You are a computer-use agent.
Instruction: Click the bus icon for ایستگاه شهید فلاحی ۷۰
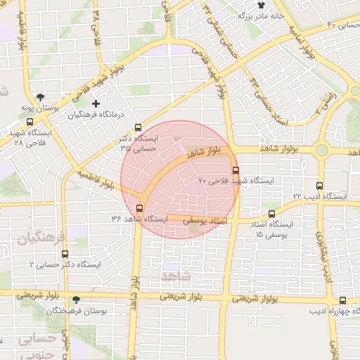235,170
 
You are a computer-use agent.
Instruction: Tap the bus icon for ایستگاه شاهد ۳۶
139,208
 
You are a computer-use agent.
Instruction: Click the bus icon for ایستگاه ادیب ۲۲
320,186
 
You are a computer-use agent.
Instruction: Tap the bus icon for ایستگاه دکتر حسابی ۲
65,255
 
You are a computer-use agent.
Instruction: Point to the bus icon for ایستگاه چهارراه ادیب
342,300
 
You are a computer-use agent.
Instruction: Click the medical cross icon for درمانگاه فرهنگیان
96,103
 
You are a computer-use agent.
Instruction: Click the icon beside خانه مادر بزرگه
241,14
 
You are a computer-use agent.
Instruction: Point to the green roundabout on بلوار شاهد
323,150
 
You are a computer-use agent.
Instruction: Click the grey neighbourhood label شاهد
175,273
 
